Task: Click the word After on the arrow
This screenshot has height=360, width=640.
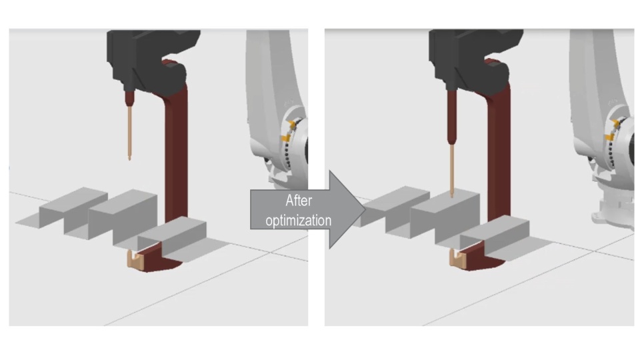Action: point(299,201)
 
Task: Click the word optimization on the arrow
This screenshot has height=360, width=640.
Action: point(299,221)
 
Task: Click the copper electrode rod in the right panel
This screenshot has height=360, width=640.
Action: point(452,171)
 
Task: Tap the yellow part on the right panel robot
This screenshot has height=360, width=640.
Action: point(611,130)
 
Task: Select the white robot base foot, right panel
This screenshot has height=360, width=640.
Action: point(612,212)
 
